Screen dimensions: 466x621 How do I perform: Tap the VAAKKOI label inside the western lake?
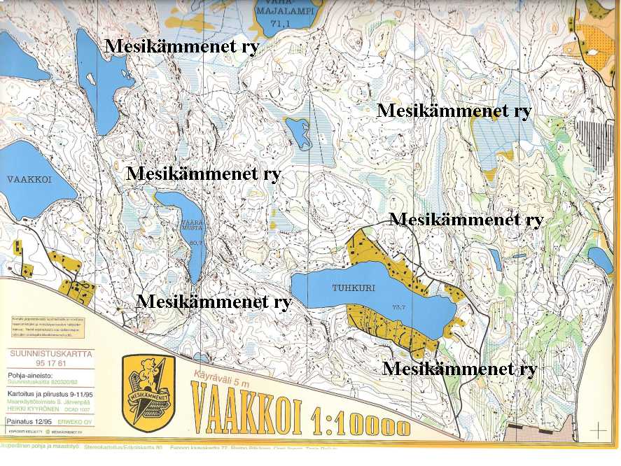(x=30, y=179)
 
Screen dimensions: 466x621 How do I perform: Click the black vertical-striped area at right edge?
(x=598, y=143)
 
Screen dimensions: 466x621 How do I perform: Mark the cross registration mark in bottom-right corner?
(x=599, y=428)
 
